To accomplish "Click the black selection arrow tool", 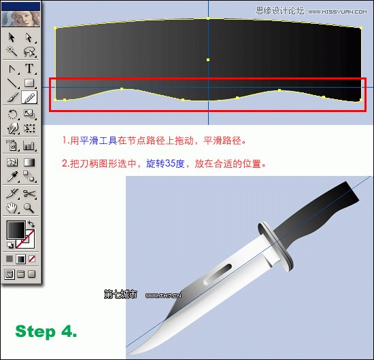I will pos(12,37).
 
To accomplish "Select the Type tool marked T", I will pos(29,68).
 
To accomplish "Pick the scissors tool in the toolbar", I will pos(29,194).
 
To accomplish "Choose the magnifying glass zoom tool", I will pos(29,208).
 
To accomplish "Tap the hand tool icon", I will pos(12,208).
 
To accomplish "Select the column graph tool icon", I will pos(29,145).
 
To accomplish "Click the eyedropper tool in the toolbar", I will pos(12,178).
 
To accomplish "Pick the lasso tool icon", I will pos(29,52).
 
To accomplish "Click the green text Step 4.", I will pos(46,331).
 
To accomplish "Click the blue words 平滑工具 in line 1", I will pos(98,141).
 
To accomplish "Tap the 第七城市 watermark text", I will pos(120,295).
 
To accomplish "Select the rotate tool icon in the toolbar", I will pos(12,114).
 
